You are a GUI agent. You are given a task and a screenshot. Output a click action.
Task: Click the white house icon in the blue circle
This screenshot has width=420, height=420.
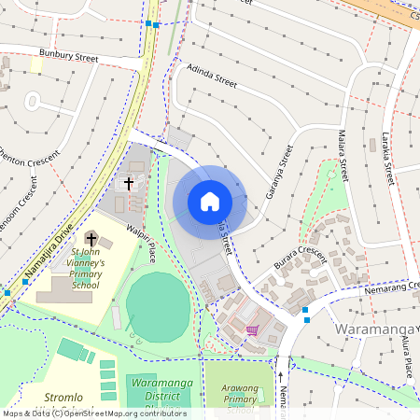210,202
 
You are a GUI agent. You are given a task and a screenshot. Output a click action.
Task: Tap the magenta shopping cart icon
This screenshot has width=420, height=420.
251,330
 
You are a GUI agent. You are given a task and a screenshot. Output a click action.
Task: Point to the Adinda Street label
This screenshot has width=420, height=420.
212,76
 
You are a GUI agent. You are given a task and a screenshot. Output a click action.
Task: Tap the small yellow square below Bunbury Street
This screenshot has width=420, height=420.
36,64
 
